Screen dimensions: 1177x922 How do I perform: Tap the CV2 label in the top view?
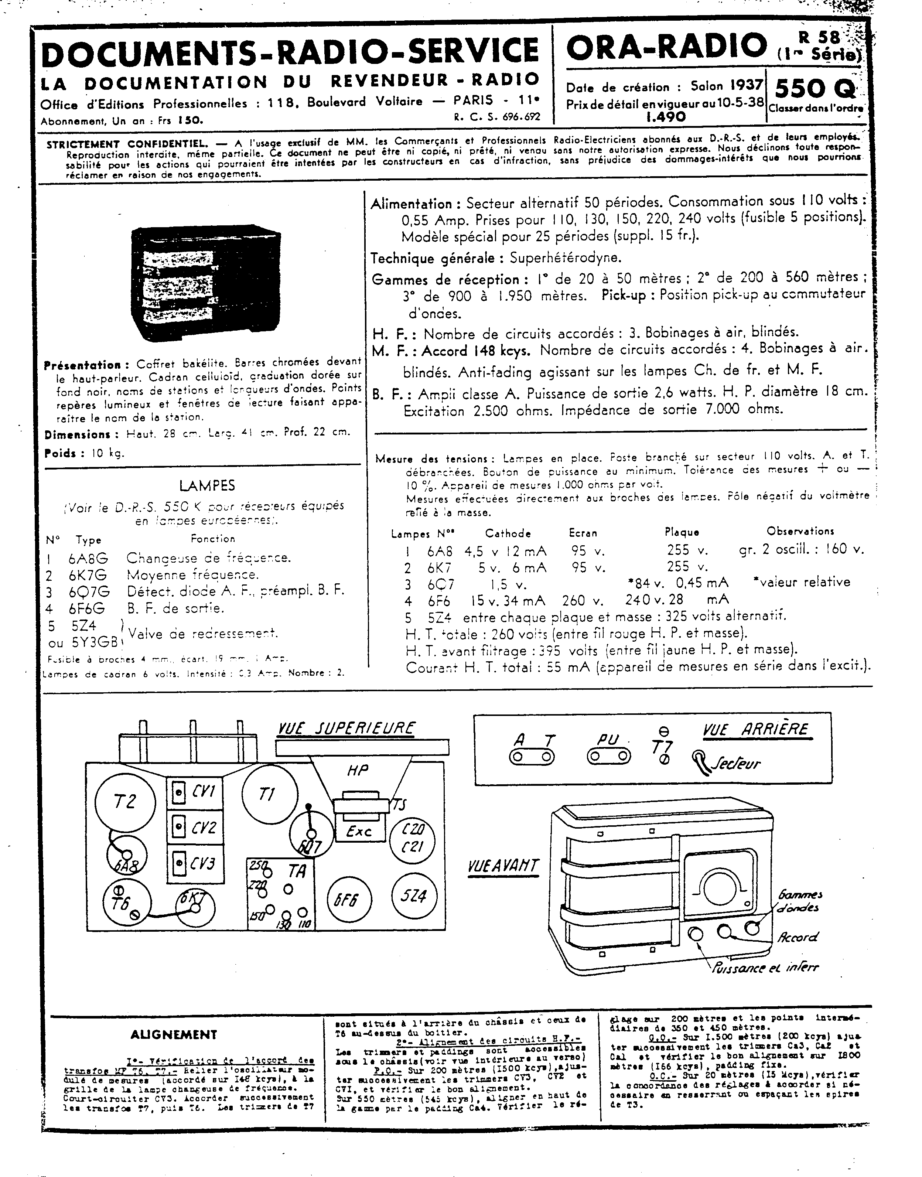pos(204,827)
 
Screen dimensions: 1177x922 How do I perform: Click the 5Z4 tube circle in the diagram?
pos(413,896)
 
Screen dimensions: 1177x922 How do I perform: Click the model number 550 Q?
pos(814,86)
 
